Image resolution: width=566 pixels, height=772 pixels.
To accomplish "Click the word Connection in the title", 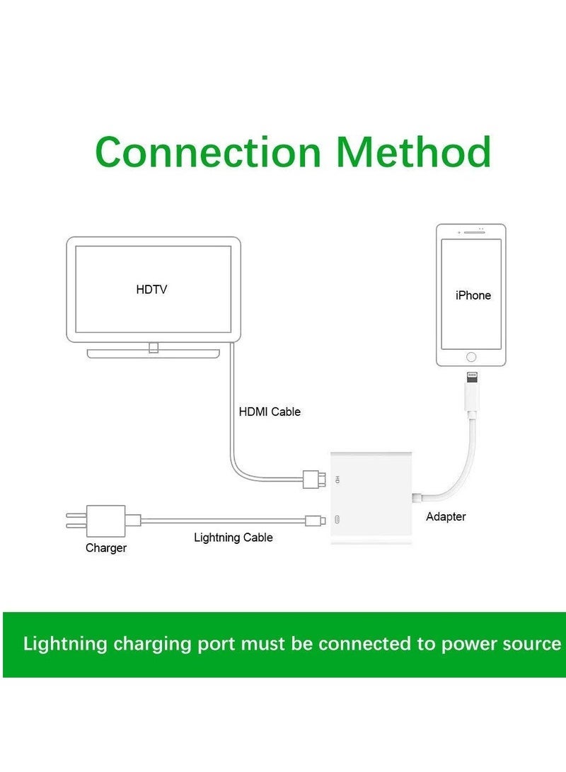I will click(x=208, y=152).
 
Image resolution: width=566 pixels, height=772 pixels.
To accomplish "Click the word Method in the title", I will click(x=413, y=152).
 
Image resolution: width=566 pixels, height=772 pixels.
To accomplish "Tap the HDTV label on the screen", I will click(x=151, y=290).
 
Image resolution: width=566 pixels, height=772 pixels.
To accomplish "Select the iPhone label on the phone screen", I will click(x=473, y=295).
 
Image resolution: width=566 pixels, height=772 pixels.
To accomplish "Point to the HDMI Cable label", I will click(x=270, y=411).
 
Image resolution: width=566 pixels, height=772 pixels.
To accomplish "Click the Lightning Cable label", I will click(x=233, y=538).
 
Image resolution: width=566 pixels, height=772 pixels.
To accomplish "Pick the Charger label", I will click(x=106, y=547).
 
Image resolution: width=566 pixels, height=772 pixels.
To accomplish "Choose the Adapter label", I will click(x=446, y=517).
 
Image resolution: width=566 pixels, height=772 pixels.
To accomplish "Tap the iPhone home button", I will click(x=471, y=358).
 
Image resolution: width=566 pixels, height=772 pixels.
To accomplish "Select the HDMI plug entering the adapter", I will click(x=312, y=479).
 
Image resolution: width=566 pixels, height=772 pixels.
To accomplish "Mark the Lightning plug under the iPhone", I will click(x=471, y=382).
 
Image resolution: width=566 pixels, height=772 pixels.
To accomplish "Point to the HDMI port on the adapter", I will click(x=339, y=479).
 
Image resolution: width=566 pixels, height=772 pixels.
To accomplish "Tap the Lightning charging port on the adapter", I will click(x=339, y=521).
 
